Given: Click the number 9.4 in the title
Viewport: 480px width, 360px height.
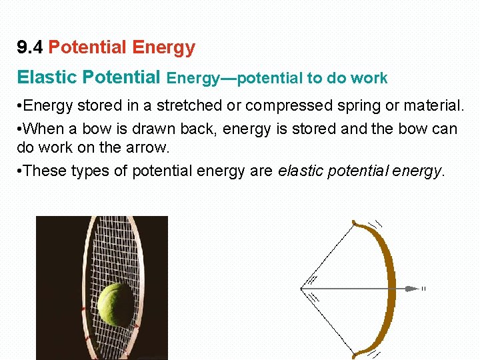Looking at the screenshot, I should (x=30, y=48).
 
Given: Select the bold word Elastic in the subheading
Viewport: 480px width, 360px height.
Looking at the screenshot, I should (x=46, y=77).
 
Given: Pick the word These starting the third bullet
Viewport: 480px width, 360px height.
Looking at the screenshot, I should (x=45, y=171).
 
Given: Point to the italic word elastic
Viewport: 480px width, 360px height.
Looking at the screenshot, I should (x=299, y=171).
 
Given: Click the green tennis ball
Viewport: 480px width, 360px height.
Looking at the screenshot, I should (x=116, y=303).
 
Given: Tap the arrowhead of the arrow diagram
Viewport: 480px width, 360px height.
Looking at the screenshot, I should (x=412, y=289).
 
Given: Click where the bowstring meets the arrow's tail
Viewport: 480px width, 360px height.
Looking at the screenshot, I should (x=303, y=289).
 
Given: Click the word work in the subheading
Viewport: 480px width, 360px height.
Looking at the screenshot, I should (x=371, y=79).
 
